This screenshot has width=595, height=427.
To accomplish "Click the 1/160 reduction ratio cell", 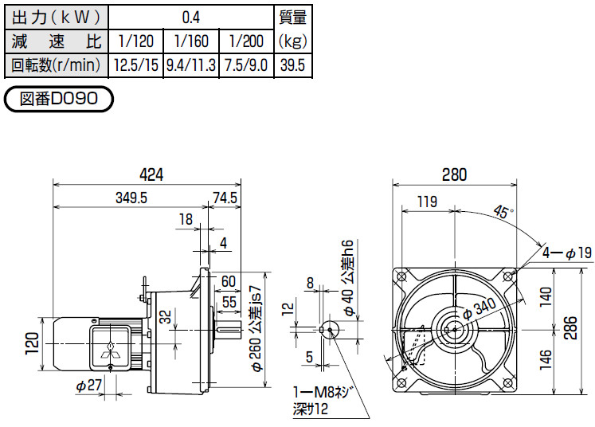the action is (191, 41).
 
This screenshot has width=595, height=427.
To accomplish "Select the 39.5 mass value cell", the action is (292, 65).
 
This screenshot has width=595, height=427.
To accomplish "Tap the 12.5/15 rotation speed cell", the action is (136, 65).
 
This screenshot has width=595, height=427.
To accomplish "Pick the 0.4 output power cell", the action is (191, 18).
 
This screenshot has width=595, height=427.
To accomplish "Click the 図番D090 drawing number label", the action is (58, 99).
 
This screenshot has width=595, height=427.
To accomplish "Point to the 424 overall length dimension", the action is (151, 174).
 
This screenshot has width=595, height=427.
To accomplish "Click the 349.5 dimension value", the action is (131, 198).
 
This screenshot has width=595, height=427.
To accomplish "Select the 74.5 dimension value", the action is (225, 198).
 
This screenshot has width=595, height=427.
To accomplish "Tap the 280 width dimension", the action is (454, 174).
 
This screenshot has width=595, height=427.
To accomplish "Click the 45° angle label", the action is (503, 211).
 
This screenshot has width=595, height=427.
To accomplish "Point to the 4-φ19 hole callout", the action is (566, 253).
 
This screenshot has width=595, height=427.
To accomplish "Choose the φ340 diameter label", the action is (480, 309).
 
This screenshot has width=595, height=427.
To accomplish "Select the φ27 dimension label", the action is (88, 386).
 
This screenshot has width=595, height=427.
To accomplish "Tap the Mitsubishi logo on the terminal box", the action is (110, 351).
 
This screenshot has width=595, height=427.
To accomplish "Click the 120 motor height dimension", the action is (32, 343).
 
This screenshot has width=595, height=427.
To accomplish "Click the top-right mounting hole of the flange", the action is (508, 276).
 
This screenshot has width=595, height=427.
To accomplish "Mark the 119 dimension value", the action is (427, 202).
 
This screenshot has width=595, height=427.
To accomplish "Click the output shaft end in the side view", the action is (241, 331).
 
